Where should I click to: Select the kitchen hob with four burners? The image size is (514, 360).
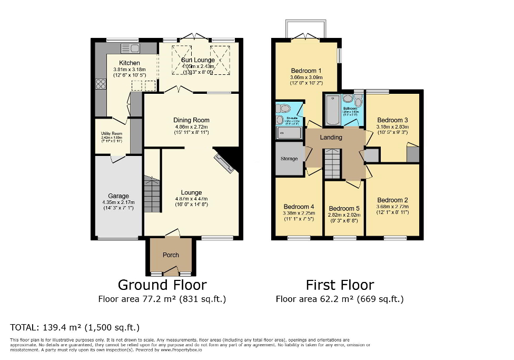(x=100, y=84)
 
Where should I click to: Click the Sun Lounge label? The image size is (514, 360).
(x=197, y=60)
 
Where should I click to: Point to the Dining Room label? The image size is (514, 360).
(x=191, y=120)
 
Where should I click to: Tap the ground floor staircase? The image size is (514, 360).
(x=151, y=195)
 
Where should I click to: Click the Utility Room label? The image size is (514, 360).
(x=112, y=134)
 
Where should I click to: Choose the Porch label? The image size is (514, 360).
(x=171, y=255)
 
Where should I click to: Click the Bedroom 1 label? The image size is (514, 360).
(x=306, y=71)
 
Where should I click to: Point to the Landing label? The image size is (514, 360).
(x=331, y=138)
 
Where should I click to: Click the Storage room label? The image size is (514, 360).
(x=289, y=159)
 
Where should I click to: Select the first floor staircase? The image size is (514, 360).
(x=332, y=164)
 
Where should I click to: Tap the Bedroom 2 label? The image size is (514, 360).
(x=392, y=200)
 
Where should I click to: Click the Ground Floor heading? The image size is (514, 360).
(x=162, y=285)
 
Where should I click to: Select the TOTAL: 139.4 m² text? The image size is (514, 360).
(x=75, y=327)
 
